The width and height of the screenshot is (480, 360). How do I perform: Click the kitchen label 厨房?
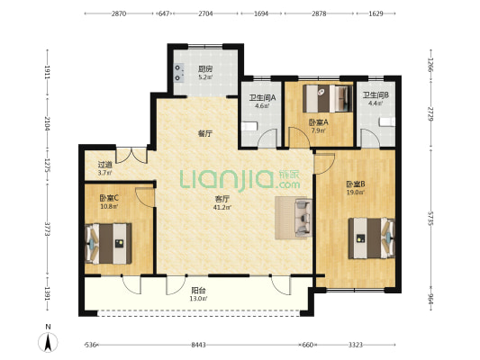[x=205, y=68]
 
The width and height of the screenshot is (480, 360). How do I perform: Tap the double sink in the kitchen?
[x=179, y=73]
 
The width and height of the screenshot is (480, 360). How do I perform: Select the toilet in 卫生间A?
[x=249, y=126]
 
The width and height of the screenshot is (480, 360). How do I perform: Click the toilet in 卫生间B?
[x=387, y=121]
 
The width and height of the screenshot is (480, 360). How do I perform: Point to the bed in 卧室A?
[x=328, y=98]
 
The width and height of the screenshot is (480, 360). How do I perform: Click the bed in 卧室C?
[x=108, y=244]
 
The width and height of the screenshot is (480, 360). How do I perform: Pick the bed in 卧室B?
[x=372, y=238]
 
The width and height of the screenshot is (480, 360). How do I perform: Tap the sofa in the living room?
[x=303, y=218]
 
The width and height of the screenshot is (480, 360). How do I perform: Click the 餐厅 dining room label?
[x=205, y=134]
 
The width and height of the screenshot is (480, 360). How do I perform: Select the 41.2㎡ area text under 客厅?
[x=222, y=207]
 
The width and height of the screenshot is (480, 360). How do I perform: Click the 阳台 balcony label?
[x=198, y=290]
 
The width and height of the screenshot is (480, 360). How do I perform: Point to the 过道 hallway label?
[x=105, y=165]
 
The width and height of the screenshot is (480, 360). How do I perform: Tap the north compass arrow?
[x=48, y=343]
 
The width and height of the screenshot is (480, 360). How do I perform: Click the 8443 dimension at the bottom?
[x=198, y=345]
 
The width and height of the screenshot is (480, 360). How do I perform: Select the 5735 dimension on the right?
[x=430, y=219]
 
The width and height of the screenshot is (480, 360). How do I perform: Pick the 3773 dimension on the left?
[x=47, y=229]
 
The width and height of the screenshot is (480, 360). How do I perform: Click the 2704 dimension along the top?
[x=205, y=13]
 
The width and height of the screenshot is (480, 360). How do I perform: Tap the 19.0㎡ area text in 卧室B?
[x=356, y=193]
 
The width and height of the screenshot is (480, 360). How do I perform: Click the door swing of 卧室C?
[x=144, y=197]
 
